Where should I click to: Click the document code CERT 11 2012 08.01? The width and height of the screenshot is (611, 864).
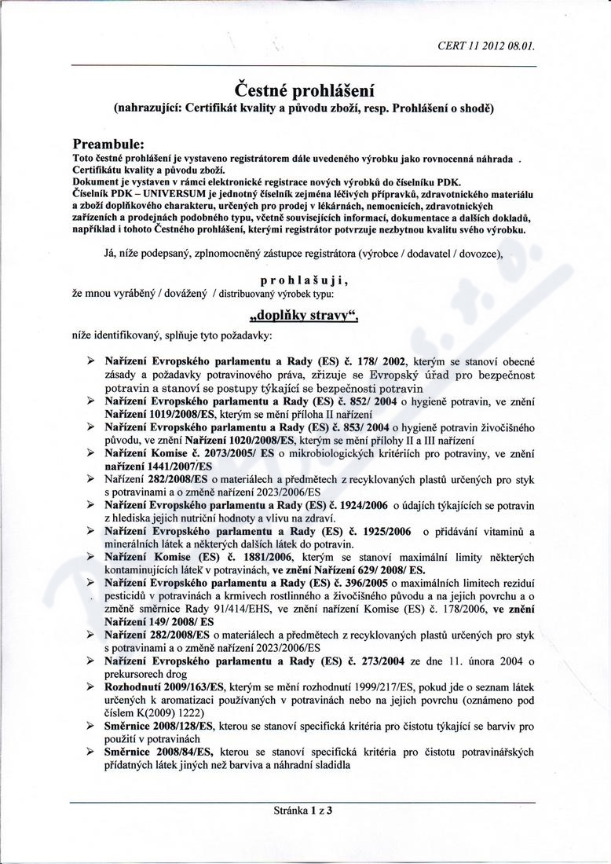(x=487, y=46)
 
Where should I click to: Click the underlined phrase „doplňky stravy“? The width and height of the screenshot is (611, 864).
(x=303, y=317)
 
